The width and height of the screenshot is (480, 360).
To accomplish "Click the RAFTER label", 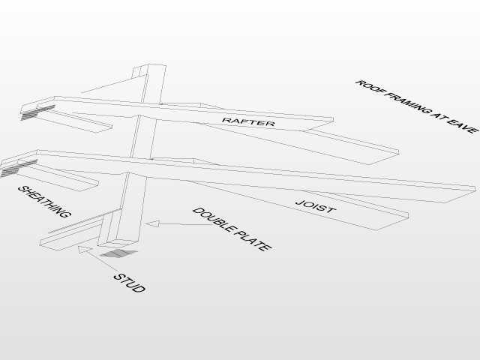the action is (x=248, y=121).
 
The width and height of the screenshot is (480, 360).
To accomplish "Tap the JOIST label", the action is (x=316, y=206).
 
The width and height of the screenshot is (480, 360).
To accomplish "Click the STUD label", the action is (x=130, y=283).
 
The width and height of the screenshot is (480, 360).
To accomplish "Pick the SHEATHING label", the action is (x=45, y=202).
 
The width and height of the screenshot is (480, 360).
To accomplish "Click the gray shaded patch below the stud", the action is (x=118, y=253).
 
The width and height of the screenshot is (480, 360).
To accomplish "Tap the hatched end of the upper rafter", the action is (x=37, y=112).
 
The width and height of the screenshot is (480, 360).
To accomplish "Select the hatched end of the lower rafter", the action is (x=18, y=168).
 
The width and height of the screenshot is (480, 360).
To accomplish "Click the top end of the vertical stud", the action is (x=149, y=66).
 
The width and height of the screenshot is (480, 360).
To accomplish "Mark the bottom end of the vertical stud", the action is (x=118, y=243).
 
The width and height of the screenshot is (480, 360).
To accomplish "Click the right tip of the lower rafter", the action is (x=475, y=187).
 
